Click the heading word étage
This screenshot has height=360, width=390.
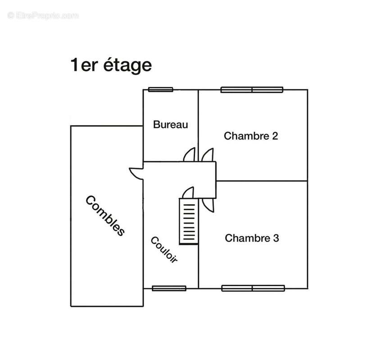tap(127, 65)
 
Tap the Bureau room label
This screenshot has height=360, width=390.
tap(170, 125)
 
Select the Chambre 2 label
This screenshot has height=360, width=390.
tap(251, 136)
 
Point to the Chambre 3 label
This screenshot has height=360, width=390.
tap(252, 238)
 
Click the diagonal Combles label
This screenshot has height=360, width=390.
tap(105, 216)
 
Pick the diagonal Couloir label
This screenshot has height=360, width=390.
tap(164, 249)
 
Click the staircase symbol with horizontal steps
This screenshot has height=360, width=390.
tap(189, 221)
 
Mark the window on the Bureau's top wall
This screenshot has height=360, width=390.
tap(160, 90)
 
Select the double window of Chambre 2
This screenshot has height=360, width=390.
tap(252, 90)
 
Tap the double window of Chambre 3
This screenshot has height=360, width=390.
tap(253, 288)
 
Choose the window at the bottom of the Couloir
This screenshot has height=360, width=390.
tap(169, 288)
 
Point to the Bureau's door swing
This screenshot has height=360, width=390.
tap(189, 155)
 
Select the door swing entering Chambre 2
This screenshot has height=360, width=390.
tap(208, 155)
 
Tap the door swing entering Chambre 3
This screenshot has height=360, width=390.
tap(208, 205)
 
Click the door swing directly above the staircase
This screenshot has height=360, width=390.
tap(188, 193)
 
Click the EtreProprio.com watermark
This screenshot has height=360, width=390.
tap(43, 16)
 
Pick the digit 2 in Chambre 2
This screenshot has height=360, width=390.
tap(275, 136)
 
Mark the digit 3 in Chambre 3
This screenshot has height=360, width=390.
tap(276, 238)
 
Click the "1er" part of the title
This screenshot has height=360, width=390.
tap(84, 65)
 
